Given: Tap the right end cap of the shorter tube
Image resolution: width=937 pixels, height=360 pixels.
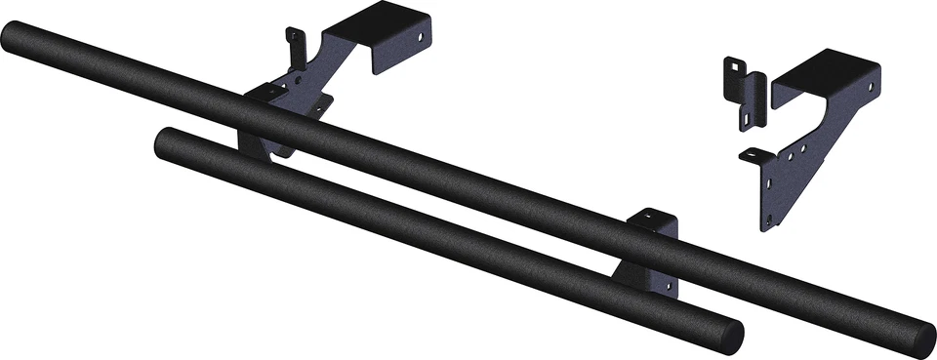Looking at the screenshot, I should coord(728,335).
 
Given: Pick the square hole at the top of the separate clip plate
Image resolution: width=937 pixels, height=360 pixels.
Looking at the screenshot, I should coord(731,69).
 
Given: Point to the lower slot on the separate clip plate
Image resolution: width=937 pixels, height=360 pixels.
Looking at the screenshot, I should coord(746,116).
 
